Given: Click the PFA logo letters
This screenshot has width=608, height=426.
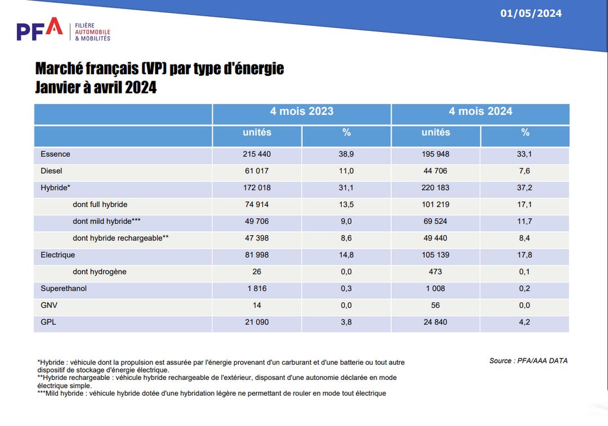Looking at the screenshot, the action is [39, 29].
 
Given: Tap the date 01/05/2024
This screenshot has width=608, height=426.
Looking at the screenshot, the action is [531, 14].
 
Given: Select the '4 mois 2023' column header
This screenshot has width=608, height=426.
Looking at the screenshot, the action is [302, 111].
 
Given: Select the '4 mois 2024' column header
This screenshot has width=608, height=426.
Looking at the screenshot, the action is [480, 111].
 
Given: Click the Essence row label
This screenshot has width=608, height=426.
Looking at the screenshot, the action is [55, 154].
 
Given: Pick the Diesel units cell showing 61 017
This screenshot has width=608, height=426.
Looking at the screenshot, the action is [257, 171].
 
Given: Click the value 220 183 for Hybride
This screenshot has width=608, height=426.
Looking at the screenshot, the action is [435, 187].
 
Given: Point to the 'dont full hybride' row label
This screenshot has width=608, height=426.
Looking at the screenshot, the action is [100, 204].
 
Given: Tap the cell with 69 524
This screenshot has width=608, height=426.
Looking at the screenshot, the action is [435, 221].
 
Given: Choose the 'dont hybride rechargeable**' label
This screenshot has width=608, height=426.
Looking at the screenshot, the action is [120, 238].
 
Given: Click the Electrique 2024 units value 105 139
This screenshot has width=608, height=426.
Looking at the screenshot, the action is [435, 255].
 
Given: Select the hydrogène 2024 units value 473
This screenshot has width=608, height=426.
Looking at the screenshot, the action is [435, 272].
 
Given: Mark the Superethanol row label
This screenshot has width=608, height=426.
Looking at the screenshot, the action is [64, 288].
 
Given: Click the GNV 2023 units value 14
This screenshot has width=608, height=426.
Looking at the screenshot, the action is [257, 306].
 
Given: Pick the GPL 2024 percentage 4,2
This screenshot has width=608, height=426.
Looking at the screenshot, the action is [525, 322].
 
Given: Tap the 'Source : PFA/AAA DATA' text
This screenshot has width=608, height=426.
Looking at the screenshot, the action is [529, 361].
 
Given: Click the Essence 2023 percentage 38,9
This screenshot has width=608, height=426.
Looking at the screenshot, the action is [346, 154].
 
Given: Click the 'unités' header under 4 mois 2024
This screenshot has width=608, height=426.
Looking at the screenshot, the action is [436, 132].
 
